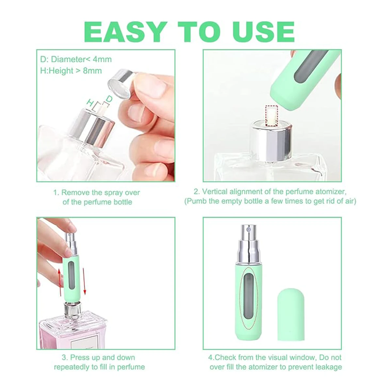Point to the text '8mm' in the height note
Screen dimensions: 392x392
click(x=92, y=71)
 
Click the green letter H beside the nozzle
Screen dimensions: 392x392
click(x=90, y=102)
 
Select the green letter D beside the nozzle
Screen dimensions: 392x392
click(x=109, y=99)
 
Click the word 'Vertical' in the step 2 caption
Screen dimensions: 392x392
click(x=214, y=191)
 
